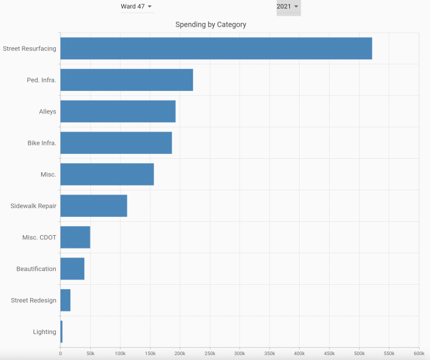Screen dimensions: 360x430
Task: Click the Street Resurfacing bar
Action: pyautogui.click(x=216, y=48)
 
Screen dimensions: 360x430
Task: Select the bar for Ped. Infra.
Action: pyautogui.click(x=127, y=80)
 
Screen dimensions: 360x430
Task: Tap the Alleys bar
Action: pyautogui.click(x=118, y=112)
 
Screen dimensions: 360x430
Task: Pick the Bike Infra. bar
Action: pyautogui.click(x=116, y=143)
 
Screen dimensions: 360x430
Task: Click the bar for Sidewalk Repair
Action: pyautogui.click(x=93, y=206)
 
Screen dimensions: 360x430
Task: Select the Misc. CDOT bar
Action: pyautogui.click(x=75, y=238)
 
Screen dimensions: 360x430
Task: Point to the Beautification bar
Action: pyautogui.click(x=72, y=269)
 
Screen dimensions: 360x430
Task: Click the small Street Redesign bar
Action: pyautogui.click(x=66, y=301)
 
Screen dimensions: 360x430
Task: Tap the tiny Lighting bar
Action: pyautogui.click(x=61, y=332)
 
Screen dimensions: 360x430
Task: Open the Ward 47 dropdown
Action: pyautogui.click(x=136, y=7)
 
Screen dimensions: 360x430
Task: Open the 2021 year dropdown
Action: pyautogui.click(x=287, y=7)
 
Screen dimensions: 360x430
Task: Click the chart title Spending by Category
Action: pyautogui.click(x=210, y=25)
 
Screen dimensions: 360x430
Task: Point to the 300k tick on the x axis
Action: pyautogui.click(x=240, y=353)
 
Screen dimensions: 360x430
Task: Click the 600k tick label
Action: pyautogui.click(x=418, y=353)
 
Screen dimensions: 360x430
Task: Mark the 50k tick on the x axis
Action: pyautogui.click(x=90, y=353)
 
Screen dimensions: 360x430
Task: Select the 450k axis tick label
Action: pyautogui.click(x=329, y=353)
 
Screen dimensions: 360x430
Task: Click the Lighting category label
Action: pyautogui.click(x=45, y=332)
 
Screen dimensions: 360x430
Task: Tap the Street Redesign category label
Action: pyautogui.click(x=34, y=301)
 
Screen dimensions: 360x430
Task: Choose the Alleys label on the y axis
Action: pyautogui.click(x=47, y=112)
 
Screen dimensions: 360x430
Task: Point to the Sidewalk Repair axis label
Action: pyautogui.click(x=33, y=206)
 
